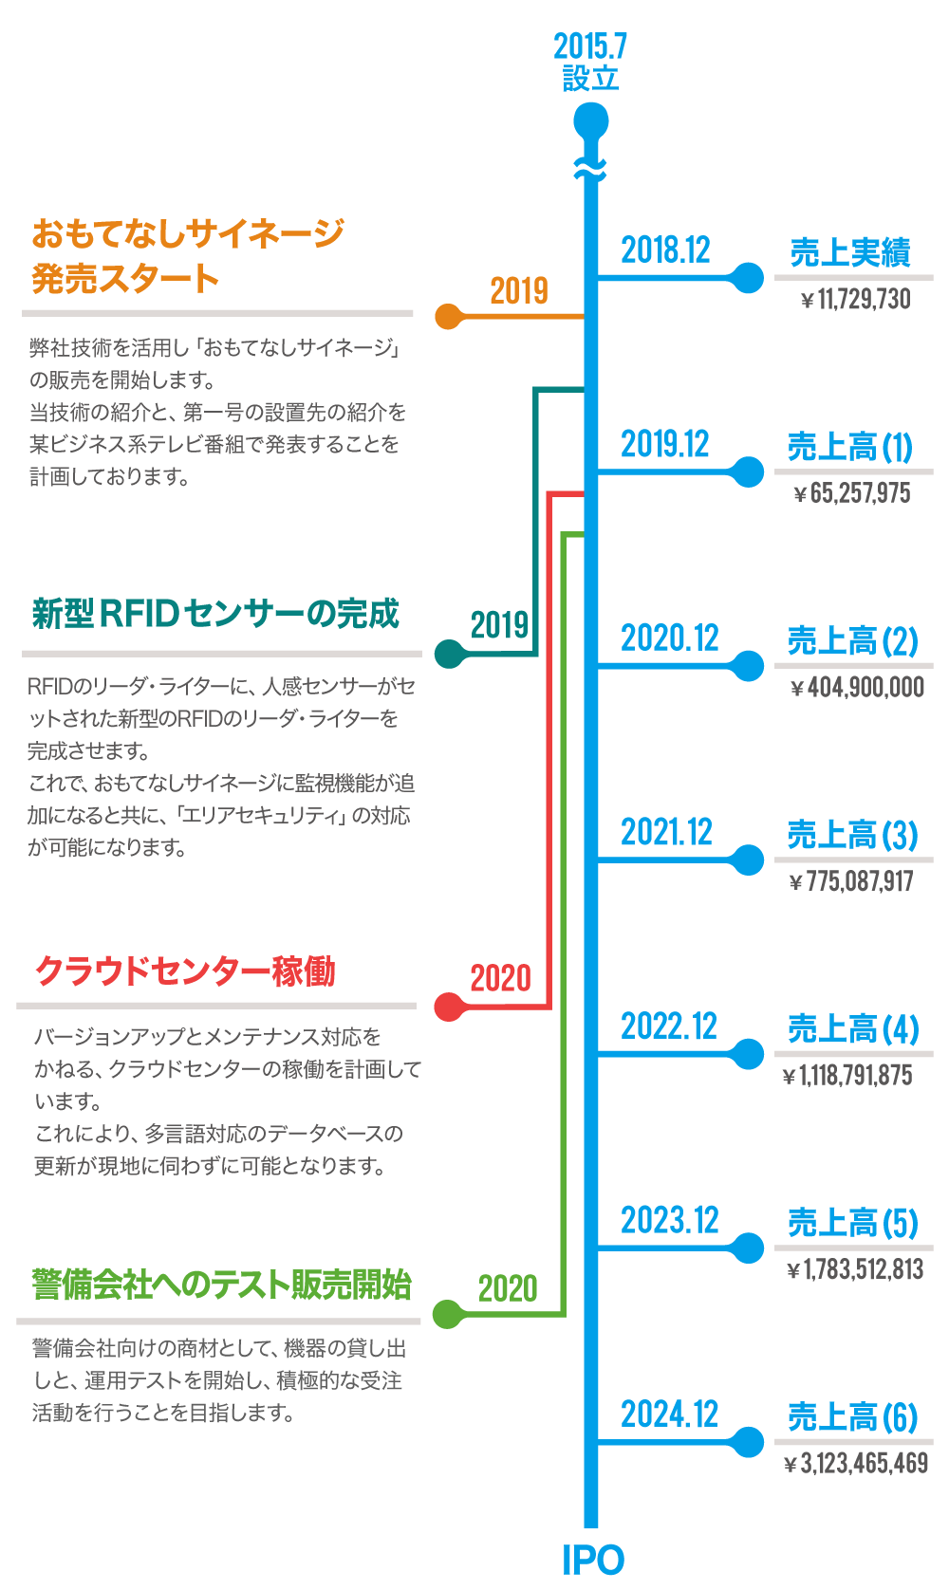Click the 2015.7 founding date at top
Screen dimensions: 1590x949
coord(590,46)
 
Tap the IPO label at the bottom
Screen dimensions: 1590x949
coord(593,1561)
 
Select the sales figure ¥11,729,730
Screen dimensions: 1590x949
coord(855,301)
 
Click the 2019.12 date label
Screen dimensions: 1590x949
coord(665,444)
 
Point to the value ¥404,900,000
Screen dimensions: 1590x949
coord(857,687)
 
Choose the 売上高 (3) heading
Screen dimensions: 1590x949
coord(852,835)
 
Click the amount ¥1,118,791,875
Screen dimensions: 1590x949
coord(847,1075)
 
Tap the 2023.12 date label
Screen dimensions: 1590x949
coord(670,1220)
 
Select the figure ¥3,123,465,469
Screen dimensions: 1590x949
coord(855,1463)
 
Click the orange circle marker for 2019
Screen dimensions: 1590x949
coord(448,316)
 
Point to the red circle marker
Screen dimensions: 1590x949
coord(447,1007)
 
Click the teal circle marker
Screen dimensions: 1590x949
coord(448,653)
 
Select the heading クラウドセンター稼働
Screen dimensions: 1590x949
coord(185,971)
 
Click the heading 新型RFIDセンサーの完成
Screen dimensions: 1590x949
coord(215,614)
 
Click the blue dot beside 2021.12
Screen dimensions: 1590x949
coord(749,860)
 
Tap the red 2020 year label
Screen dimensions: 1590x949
coord(500,978)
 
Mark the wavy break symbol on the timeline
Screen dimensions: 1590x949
coord(590,169)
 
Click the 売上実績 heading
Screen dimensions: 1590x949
coord(850,252)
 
